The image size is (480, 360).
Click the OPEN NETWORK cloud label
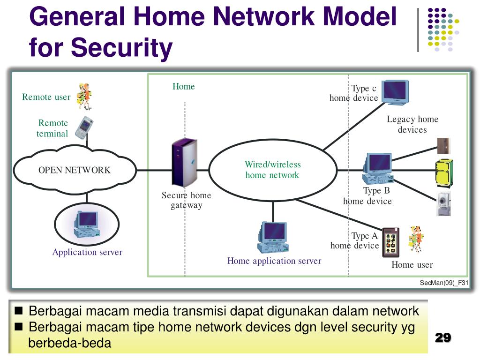[x=75, y=170]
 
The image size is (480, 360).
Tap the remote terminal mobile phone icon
[x=84, y=127]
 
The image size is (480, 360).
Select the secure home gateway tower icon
[x=184, y=163]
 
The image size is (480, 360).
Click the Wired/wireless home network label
[x=272, y=170]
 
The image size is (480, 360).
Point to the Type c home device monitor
[x=395, y=92]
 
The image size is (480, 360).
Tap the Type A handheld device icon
[x=391, y=242]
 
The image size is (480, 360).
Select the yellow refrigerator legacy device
[x=444, y=173]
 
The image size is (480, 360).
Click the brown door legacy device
[x=443, y=146]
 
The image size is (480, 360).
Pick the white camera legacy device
[x=443, y=203]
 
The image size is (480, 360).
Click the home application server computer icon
[x=273, y=237]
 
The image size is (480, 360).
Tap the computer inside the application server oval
[x=87, y=225]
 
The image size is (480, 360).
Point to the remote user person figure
[x=84, y=97]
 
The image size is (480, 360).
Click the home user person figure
[x=416, y=239]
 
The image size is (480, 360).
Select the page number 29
[x=443, y=337]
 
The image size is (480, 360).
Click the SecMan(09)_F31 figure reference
[x=444, y=283]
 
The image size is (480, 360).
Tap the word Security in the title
[x=122, y=47]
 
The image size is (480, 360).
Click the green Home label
[x=184, y=86]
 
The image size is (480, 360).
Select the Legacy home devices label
[x=412, y=124]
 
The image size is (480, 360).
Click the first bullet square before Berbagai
[x=19, y=311]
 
